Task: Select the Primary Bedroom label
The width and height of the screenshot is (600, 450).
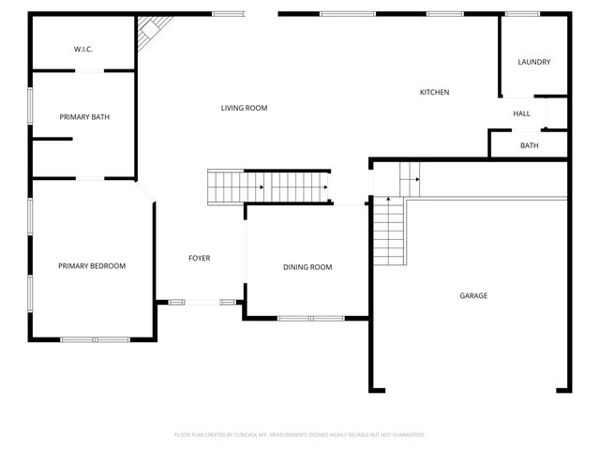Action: pyautogui.click(x=91, y=266)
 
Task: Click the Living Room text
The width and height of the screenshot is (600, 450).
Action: pyautogui.click(x=244, y=109)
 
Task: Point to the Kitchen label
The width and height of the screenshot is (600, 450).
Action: pyautogui.click(x=434, y=92)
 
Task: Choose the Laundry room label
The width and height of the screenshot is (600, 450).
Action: pyautogui.click(x=533, y=63)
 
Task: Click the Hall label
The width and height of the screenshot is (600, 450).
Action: pyautogui.click(x=521, y=114)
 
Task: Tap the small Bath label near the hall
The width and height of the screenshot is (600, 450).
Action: pyautogui.click(x=530, y=145)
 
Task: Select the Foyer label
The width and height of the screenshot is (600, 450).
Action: pyautogui.click(x=199, y=258)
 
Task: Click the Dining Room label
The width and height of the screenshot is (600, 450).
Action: pyautogui.click(x=307, y=267)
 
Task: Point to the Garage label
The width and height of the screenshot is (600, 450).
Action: pyautogui.click(x=472, y=295)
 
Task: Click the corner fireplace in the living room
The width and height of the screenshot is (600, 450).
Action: pyautogui.click(x=150, y=34)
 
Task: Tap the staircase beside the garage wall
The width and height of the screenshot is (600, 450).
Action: pyautogui.click(x=387, y=232)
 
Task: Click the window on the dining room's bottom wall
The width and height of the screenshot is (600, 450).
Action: pyautogui.click(x=310, y=319)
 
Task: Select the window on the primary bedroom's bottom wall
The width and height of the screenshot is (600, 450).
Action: pyautogui.click(x=96, y=338)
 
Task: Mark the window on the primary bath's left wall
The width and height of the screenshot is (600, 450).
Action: pyautogui.click(x=30, y=112)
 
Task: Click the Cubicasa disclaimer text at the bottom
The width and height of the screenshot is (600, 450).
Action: pyautogui.click(x=300, y=435)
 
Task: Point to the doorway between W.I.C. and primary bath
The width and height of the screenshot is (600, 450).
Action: pyautogui.click(x=91, y=70)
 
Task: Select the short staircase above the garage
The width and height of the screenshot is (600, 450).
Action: pyautogui.click(x=410, y=174)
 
